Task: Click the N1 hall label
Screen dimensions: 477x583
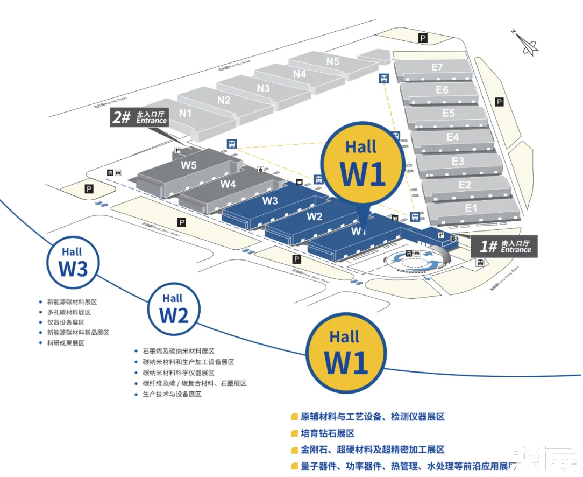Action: [186, 113]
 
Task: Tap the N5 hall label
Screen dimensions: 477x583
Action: [333, 61]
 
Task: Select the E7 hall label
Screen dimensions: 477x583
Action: [437, 67]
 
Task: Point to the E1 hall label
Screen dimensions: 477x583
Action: [471, 208]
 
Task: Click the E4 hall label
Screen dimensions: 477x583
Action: [453, 137]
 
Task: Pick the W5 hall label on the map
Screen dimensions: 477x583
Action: [189, 165]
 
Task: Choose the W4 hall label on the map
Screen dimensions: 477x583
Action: [228, 184]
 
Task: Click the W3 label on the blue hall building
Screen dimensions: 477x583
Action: [270, 201]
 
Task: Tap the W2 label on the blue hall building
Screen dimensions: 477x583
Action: [315, 217]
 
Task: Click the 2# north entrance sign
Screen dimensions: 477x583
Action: [139, 117]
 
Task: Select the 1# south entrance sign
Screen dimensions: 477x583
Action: [504, 247]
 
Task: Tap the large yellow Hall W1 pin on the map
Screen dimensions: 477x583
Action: [364, 165]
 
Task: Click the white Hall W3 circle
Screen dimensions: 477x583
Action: [73, 262]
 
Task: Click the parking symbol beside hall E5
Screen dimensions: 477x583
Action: [499, 102]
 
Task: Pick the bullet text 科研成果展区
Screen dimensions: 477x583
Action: [66, 343]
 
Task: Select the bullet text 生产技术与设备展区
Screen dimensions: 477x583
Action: [172, 394]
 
